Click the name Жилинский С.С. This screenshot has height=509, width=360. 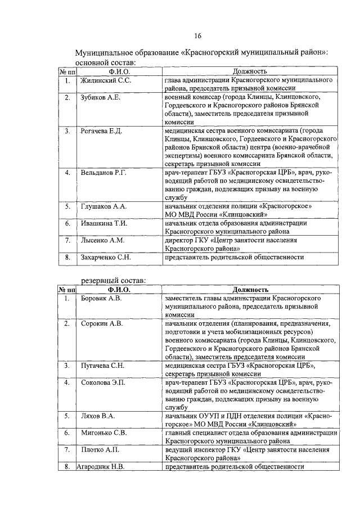tap(105, 81)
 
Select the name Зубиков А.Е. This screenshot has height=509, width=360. tap(101, 98)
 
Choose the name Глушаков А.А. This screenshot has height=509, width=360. tap(104, 206)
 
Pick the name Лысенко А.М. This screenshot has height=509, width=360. tap(102, 240)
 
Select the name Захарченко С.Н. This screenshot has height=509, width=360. tap(106, 257)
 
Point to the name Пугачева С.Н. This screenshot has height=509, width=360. tap(102, 366)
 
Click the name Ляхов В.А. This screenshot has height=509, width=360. tap(98, 416)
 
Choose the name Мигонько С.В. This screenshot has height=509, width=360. tap(103, 433)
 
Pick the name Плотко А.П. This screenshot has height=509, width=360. tap(100, 450)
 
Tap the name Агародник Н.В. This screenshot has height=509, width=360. tap(101, 467)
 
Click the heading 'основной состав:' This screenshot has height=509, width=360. tap(105, 62)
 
